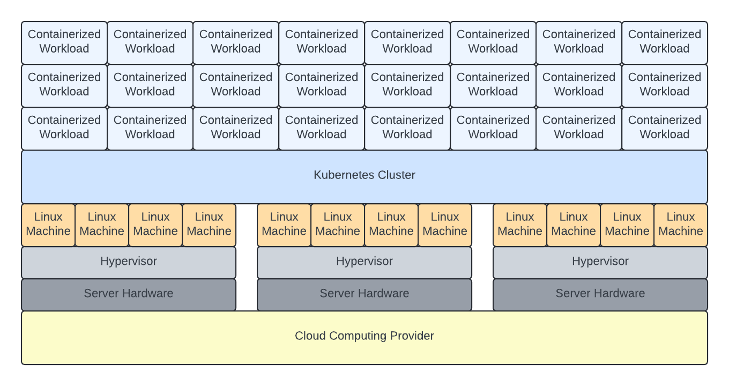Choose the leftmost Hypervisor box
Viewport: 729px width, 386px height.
(x=129, y=262)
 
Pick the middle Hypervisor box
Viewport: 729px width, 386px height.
(x=364, y=262)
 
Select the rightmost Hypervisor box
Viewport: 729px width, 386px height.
(x=600, y=262)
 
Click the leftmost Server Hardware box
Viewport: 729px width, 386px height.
(x=129, y=294)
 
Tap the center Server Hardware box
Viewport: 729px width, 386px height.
(x=364, y=294)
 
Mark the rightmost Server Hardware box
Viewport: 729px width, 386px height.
(x=600, y=294)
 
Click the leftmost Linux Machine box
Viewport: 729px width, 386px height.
(x=48, y=225)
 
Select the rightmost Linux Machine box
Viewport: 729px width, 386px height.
(x=681, y=225)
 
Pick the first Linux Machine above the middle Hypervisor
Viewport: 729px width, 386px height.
(x=284, y=225)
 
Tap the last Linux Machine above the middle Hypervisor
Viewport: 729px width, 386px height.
(x=445, y=225)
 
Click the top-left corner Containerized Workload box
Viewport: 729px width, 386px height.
(x=64, y=42)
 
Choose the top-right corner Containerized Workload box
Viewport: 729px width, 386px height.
(x=665, y=42)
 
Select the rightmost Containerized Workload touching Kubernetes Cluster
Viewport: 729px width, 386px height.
(x=665, y=128)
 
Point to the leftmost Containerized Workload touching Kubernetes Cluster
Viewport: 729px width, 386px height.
(x=64, y=128)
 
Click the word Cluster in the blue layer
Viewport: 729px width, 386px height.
(x=397, y=175)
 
